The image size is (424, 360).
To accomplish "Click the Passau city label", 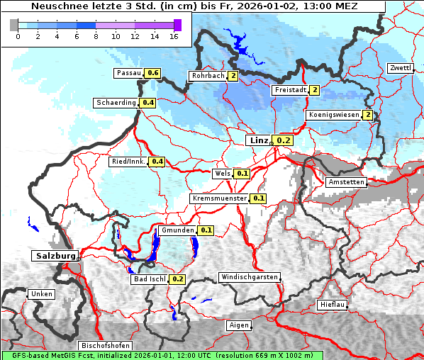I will (128, 73).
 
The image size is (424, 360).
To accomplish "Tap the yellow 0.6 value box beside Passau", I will (152, 73).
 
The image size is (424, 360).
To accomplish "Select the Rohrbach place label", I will (207, 76).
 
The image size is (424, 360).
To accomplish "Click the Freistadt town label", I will (290, 90).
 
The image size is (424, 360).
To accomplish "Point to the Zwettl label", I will (400, 68).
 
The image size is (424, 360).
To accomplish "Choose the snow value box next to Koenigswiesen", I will (367, 115).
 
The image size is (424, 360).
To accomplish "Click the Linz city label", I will (258, 140).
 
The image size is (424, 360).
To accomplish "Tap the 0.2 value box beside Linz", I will (283, 140).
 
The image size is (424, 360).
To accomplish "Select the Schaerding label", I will (116, 103).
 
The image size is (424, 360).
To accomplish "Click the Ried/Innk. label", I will (128, 162).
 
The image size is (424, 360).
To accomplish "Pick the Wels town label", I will (223, 173).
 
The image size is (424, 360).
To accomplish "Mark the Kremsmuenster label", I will (219, 198).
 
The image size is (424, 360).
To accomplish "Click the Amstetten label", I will (346, 182).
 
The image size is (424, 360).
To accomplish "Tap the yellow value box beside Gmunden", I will (206, 230).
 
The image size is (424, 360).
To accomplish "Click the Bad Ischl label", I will (149, 279).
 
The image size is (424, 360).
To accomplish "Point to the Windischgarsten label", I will (249, 277).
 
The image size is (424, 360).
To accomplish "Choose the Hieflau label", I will (333, 304).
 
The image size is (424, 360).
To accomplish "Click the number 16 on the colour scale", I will (173, 36).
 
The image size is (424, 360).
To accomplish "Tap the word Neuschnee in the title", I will (59, 6).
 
